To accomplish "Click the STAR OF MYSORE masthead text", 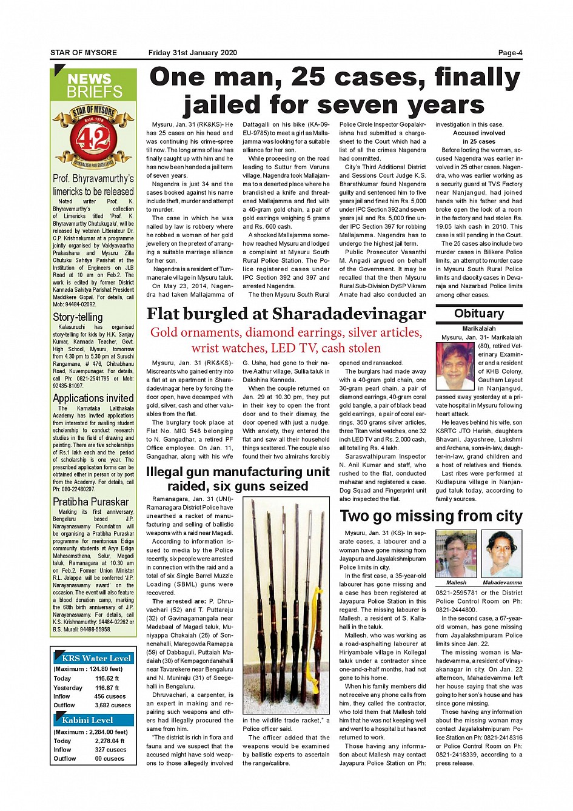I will click(x=84, y=53).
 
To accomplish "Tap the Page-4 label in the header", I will click(x=510, y=53).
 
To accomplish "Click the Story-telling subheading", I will click(x=78, y=317).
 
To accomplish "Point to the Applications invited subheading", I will click(x=93, y=399).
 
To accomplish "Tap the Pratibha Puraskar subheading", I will click(x=91, y=502).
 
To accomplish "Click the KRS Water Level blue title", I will click(x=96, y=658).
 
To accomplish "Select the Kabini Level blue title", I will click(x=87, y=720).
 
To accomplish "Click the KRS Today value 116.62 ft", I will click(x=107, y=679).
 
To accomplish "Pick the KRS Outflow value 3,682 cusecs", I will click(x=113, y=705).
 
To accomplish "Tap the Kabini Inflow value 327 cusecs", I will click(x=110, y=750).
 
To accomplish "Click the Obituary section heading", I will click(x=479, y=314).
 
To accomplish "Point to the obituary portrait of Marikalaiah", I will click(x=455, y=366).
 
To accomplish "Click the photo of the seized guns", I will click(x=286, y=605).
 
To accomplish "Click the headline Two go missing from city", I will click(x=431, y=516).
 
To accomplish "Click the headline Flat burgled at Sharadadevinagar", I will click(x=286, y=314).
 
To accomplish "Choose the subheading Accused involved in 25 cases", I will click(x=479, y=137).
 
